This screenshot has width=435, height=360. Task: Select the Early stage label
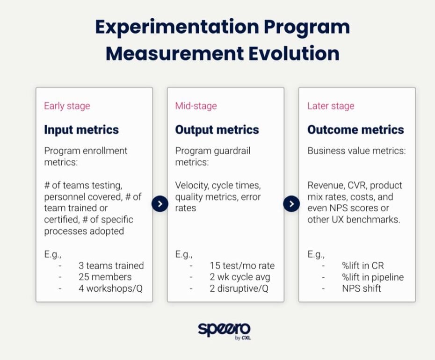(66, 106)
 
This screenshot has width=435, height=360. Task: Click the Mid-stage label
(196, 106)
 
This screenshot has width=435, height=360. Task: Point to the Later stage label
(330, 106)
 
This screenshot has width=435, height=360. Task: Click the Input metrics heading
(81, 130)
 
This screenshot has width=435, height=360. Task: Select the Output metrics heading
(217, 130)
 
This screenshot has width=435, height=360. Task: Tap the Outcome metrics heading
(355, 130)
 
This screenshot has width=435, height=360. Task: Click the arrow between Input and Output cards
(160, 204)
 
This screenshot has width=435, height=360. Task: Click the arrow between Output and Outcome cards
(291, 204)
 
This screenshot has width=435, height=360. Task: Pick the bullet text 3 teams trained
(111, 266)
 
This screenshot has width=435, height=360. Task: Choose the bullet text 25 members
(105, 277)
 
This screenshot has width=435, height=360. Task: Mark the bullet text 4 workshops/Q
(110, 288)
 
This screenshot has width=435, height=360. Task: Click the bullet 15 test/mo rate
(242, 266)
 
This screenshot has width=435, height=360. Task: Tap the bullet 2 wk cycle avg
(239, 277)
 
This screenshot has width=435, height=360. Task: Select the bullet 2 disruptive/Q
(239, 288)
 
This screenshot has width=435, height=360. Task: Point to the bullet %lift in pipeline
(372, 277)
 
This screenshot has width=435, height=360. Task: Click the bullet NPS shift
(361, 288)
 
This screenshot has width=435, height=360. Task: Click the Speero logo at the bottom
(224, 329)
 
